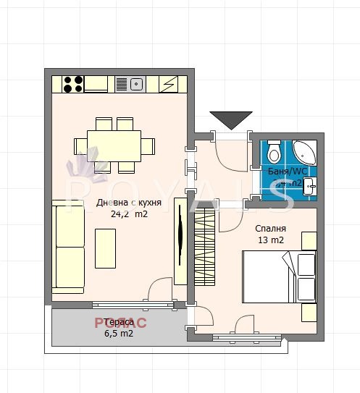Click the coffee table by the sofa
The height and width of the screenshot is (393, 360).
[x=105, y=248]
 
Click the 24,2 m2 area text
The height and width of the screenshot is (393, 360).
[x=129, y=214]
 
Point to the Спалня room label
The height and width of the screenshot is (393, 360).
[x=269, y=228]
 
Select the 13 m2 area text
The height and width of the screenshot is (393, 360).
[x=269, y=240]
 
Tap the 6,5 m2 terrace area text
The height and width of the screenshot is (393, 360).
[x=119, y=334]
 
